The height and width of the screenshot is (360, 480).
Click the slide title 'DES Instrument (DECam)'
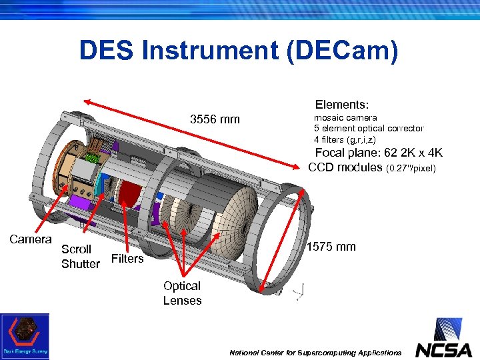click(239, 51)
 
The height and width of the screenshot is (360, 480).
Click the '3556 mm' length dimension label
click(215, 120)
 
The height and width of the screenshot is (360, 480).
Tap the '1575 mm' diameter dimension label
click(331, 247)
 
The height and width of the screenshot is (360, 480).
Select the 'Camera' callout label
click(31, 239)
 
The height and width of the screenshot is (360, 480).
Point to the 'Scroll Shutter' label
click(80, 257)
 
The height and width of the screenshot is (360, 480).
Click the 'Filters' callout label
click(127, 259)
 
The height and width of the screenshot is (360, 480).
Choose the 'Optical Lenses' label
click(182, 293)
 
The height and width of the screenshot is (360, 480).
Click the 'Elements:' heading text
click(342, 105)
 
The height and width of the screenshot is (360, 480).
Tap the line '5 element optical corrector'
click(369, 128)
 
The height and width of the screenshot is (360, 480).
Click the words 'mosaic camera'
click(345, 117)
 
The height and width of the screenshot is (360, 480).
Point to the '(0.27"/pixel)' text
click(411, 169)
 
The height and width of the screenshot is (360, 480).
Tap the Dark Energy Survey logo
click(25, 336)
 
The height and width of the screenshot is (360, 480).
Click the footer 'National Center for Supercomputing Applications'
click(315, 352)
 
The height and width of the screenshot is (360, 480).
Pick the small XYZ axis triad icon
click(302, 291)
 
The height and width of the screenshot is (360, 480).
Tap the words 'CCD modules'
click(345, 167)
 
